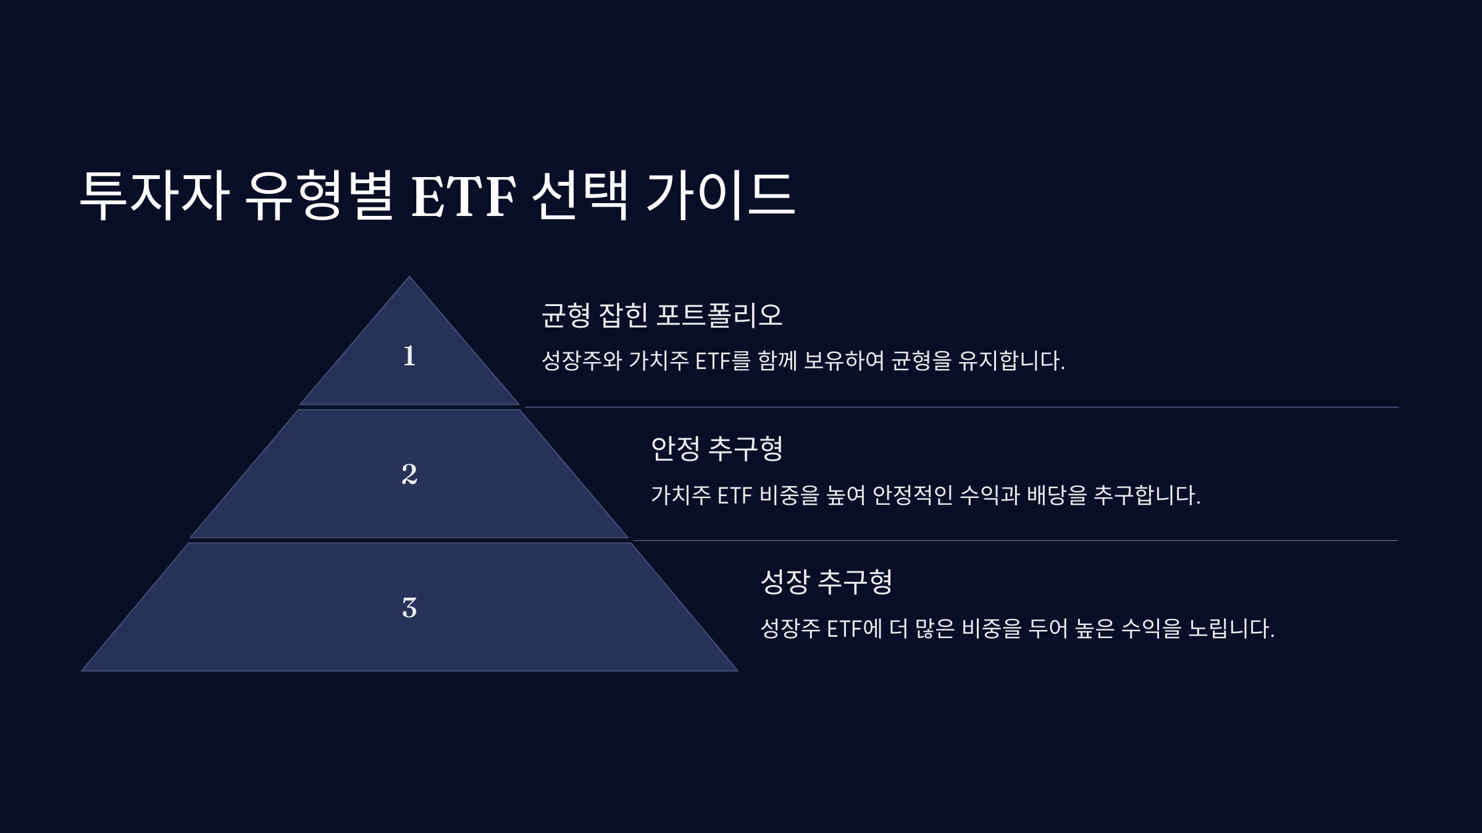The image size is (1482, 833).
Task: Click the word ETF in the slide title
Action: point(463,196)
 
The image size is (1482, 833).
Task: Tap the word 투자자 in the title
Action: point(154,196)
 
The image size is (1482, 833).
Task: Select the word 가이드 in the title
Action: point(719,196)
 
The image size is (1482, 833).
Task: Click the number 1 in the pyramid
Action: point(409,356)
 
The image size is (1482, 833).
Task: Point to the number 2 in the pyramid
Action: point(409,474)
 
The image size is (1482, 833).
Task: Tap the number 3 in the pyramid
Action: point(409,608)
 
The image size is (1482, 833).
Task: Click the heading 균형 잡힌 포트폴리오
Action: point(661,315)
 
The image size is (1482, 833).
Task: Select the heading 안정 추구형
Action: point(716,449)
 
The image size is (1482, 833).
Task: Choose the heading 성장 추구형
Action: point(826,582)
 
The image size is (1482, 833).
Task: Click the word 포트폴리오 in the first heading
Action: point(719,315)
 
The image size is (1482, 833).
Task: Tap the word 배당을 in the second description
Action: point(1057,495)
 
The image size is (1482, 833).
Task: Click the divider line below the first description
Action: point(957,407)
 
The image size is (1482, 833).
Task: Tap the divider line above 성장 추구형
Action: point(1013,541)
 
